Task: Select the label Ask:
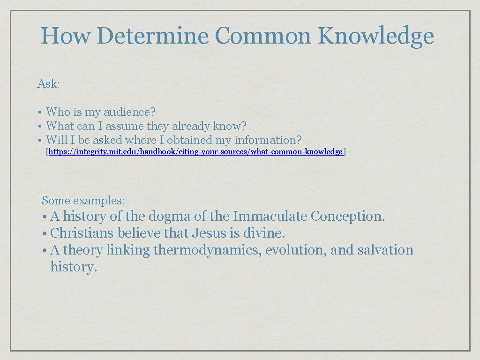tap(48, 84)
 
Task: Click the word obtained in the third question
tap(189, 140)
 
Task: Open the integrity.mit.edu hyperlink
tap(195, 152)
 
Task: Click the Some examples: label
tap(83, 201)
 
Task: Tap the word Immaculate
tap(270, 217)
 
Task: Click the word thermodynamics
tap(208, 250)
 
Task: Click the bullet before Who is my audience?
tap(41, 112)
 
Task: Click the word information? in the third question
tap(268, 140)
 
